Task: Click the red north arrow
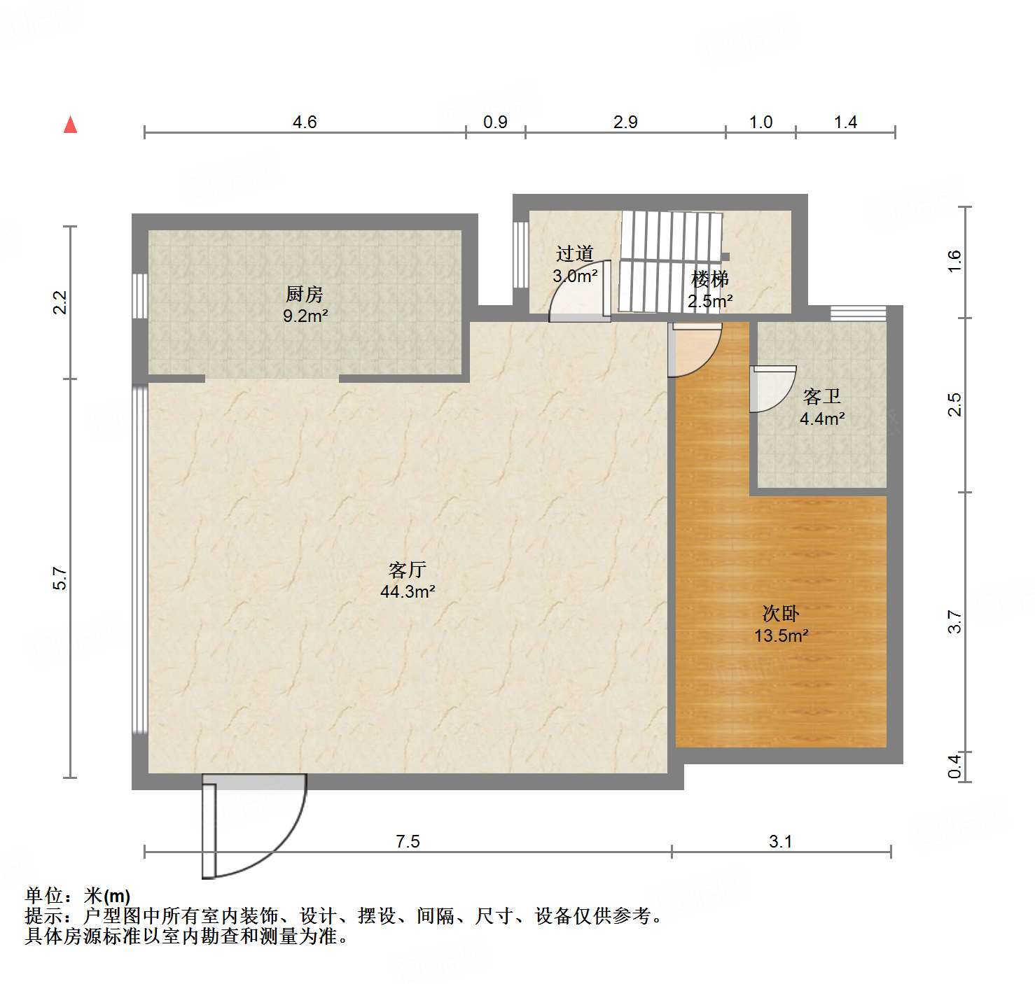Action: click(70, 125)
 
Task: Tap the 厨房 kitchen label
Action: click(305, 294)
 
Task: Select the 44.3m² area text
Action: click(408, 591)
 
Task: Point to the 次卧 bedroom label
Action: click(781, 614)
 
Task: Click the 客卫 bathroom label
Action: click(821, 397)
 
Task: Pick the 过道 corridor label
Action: click(575, 253)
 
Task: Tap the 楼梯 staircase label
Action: click(710, 279)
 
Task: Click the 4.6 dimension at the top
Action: click(305, 122)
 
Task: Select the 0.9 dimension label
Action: click(495, 122)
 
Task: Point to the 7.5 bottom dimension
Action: click(408, 841)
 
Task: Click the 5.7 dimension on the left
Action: click(60, 578)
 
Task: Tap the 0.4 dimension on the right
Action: click(955, 765)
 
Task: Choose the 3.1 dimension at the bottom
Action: click(780, 841)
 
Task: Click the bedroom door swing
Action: click(697, 350)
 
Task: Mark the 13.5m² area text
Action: click(781, 636)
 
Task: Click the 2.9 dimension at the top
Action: click(625, 122)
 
